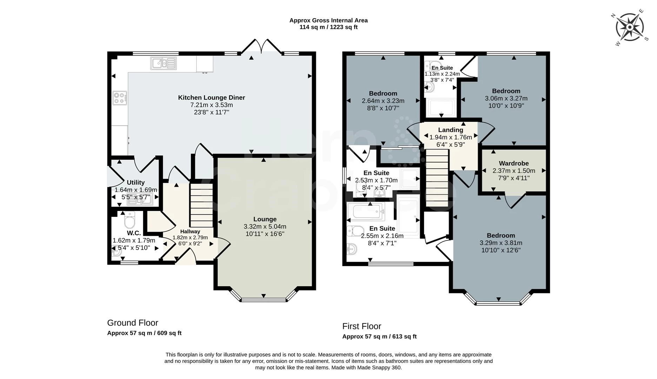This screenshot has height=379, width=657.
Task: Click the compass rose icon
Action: (630, 27)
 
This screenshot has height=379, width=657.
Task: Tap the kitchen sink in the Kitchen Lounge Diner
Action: (164, 63)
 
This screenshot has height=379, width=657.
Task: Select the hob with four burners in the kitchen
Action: (120, 98)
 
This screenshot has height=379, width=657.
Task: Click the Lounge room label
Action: (265, 219)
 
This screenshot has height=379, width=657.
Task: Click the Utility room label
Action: (136, 182)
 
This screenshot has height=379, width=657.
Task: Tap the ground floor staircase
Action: (201, 206)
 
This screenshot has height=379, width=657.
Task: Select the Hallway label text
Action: (190, 232)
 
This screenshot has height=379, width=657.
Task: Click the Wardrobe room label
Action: (514, 163)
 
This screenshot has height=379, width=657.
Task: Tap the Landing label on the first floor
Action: (451, 130)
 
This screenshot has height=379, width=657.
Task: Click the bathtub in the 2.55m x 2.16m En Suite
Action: (366, 211)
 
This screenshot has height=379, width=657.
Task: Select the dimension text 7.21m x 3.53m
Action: (212, 105)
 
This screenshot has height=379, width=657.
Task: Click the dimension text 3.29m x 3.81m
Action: (501, 243)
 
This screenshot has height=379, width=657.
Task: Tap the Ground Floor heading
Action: (133, 323)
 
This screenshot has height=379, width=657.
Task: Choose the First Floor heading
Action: (362, 326)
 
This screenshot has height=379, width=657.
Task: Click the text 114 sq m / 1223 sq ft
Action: (328, 27)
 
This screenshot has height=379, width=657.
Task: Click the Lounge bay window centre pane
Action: (264, 300)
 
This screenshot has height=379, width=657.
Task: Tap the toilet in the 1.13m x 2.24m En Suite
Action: (429, 66)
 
